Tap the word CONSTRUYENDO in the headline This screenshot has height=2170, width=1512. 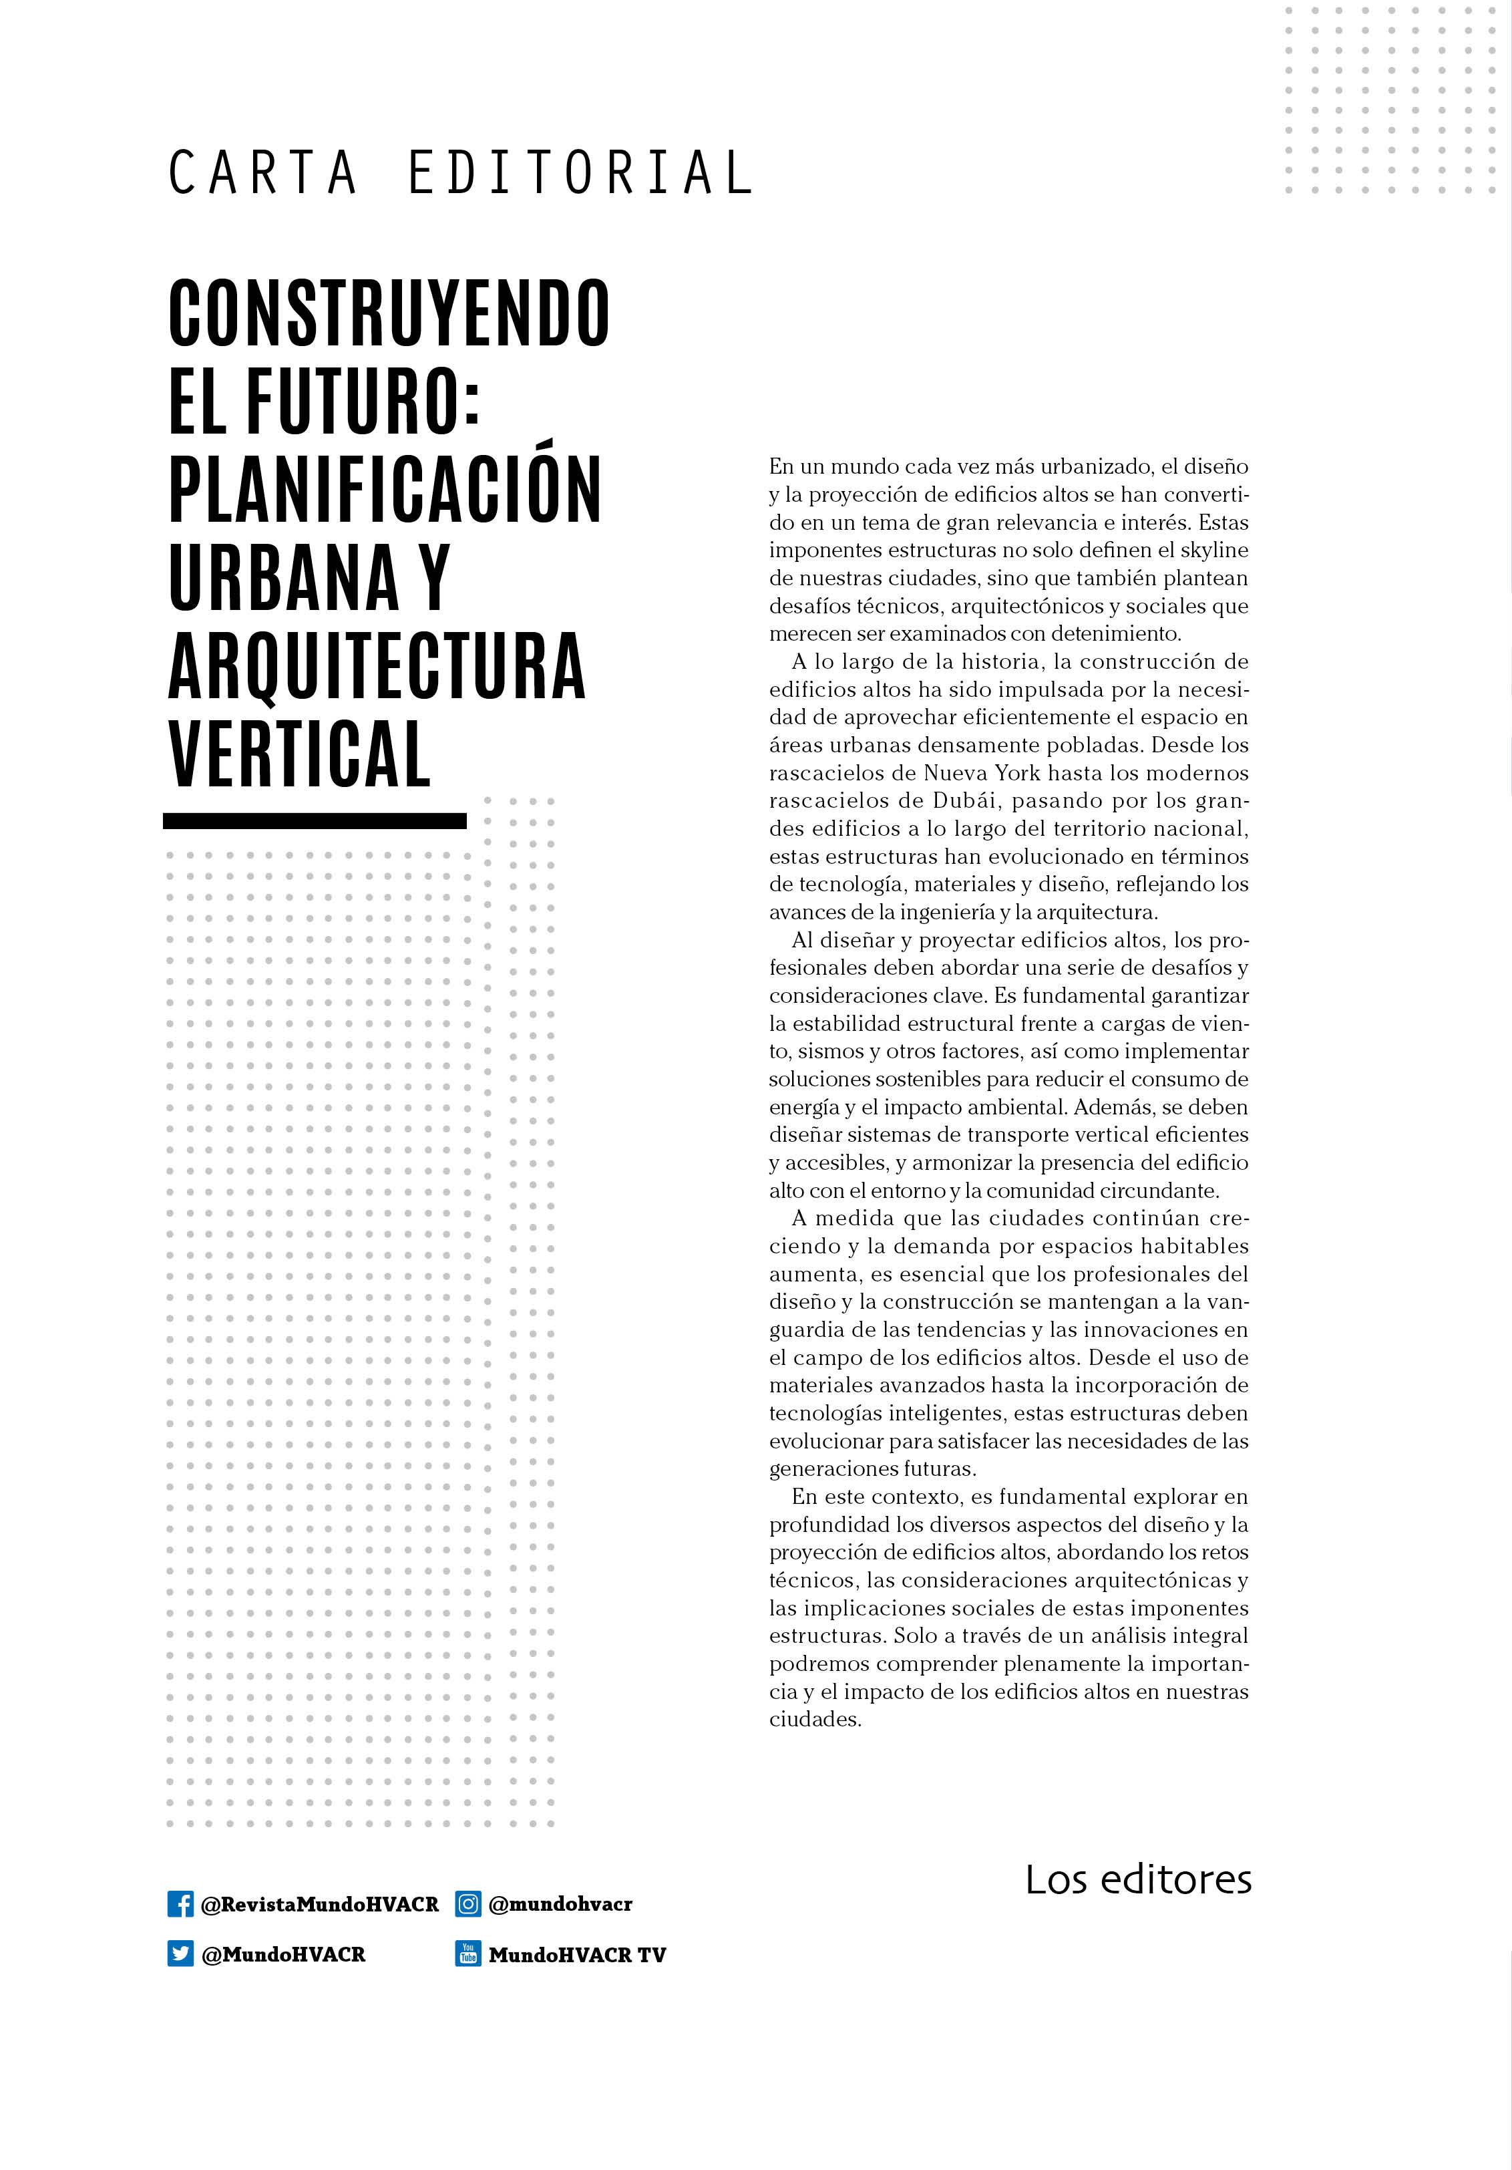pos(389,313)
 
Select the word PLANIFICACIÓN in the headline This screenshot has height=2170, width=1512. pos(385,490)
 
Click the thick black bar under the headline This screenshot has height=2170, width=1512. pos(315,821)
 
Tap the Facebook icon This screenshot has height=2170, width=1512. pos(180,1903)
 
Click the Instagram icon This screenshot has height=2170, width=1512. pos(467,1903)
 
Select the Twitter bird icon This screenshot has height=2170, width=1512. pos(180,1954)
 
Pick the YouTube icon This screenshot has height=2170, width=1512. pos(467,1954)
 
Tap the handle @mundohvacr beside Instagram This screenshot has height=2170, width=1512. pos(560,1904)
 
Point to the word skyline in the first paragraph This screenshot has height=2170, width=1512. pos(1214,550)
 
